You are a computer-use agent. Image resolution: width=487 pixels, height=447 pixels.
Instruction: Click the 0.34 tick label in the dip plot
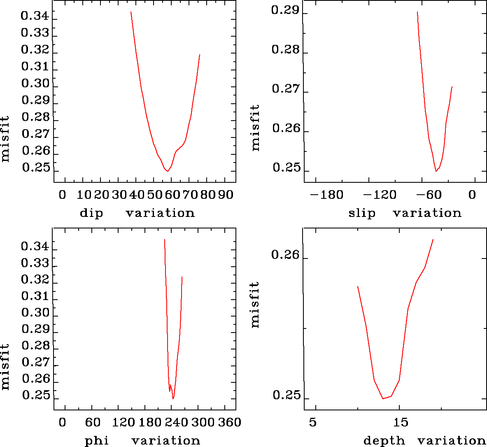(x=35, y=17)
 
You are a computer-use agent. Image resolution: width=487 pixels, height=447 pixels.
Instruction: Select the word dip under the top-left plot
(x=91, y=213)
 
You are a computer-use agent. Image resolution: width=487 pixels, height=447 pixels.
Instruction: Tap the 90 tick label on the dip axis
(x=225, y=195)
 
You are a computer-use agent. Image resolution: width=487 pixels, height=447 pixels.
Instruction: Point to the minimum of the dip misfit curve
(x=168, y=171)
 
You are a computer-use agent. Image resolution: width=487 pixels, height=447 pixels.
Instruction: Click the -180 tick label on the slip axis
(x=326, y=195)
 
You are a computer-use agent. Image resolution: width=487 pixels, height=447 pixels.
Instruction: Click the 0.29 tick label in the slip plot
(x=285, y=10)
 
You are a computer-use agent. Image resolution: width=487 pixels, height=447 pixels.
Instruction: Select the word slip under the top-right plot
(x=362, y=213)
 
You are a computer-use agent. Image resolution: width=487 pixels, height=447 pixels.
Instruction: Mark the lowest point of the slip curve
(x=436, y=171)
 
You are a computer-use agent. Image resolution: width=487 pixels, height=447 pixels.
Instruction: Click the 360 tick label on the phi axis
(x=229, y=423)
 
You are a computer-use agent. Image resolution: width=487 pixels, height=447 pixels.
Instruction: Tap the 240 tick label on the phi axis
(x=176, y=423)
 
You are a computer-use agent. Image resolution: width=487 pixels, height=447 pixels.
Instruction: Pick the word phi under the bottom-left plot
(x=97, y=441)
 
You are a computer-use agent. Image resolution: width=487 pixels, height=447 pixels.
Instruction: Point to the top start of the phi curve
(x=165, y=239)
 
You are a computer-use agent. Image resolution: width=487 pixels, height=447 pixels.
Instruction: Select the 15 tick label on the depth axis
(x=400, y=423)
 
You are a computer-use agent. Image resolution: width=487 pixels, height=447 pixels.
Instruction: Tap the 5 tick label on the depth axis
(x=313, y=423)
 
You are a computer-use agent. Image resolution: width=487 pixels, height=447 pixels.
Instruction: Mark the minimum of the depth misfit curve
(x=383, y=398)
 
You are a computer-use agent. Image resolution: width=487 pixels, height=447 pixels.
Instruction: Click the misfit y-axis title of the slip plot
(x=255, y=128)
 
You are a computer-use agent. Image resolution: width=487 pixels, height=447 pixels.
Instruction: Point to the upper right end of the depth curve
(x=433, y=239)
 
